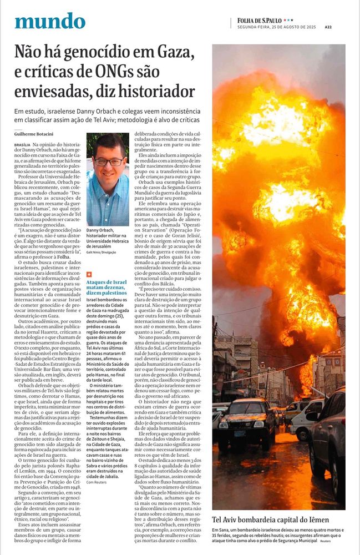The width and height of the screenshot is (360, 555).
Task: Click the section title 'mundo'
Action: click(x=50, y=21)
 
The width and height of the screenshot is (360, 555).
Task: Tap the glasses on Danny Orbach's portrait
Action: click(x=109, y=162)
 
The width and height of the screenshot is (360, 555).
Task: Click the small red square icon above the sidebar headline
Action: click(x=89, y=274)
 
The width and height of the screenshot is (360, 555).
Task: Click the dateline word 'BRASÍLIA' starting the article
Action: click(x=23, y=144)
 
